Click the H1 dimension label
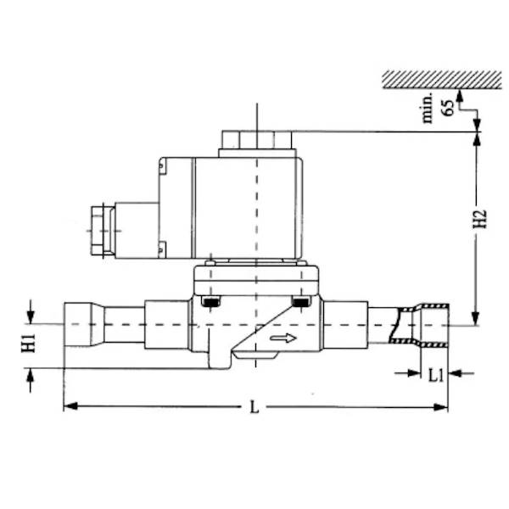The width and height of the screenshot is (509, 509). [x=30, y=344]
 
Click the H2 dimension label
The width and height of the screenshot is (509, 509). [x=479, y=219]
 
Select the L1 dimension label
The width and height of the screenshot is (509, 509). [x=433, y=373]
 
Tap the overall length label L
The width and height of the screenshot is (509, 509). [x=255, y=407]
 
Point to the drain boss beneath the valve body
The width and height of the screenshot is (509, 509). [x=218, y=361]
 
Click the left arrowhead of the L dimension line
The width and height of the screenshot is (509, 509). [x=70, y=407]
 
